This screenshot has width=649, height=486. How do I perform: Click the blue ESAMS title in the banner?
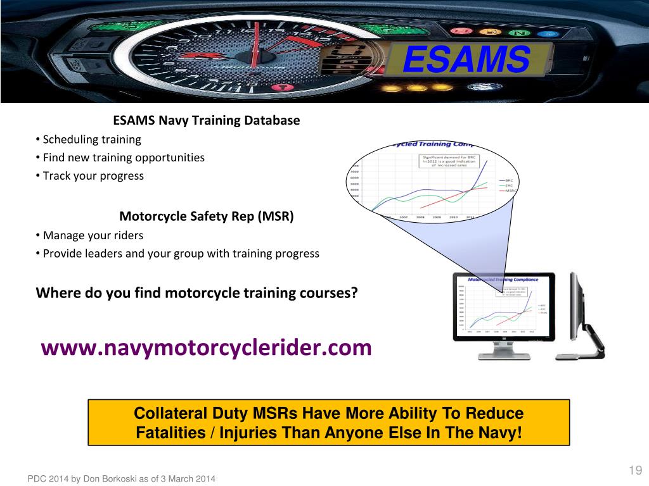(466, 61)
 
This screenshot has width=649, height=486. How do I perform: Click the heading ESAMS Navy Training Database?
(206, 120)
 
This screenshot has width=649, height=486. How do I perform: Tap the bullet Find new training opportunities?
(124, 158)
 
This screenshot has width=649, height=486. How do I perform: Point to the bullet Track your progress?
(93, 176)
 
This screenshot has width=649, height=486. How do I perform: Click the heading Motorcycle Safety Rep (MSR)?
(207, 216)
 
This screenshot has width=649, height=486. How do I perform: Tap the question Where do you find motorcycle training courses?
(197, 293)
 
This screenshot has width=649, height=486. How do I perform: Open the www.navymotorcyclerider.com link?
(206, 347)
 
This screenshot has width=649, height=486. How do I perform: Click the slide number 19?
(635, 470)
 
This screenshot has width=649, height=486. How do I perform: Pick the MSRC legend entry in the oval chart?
(510, 190)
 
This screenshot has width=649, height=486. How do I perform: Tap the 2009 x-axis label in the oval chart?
(437, 217)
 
